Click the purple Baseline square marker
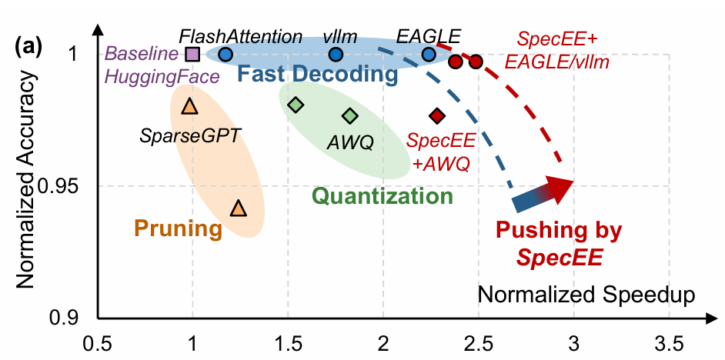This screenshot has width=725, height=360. pyautogui.click(x=192, y=55)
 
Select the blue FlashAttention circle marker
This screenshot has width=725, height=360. pyautogui.click(x=226, y=55)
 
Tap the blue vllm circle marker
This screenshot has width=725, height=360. pyautogui.click(x=336, y=55)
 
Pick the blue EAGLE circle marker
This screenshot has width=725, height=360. pyautogui.click(x=429, y=55)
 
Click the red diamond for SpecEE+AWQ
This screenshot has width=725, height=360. pyautogui.click(x=437, y=116)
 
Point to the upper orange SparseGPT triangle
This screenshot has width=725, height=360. pyautogui.click(x=189, y=107)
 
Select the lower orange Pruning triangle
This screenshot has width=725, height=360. pyautogui.click(x=239, y=208)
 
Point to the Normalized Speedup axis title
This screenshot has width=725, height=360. pyautogui.click(x=587, y=294)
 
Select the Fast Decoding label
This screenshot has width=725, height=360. pyautogui.click(x=317, y=75)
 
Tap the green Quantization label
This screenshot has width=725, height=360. pyautogui.click(x=382, y=196)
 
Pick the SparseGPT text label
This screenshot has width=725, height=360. pyautogui.click(x=190, y=137)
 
